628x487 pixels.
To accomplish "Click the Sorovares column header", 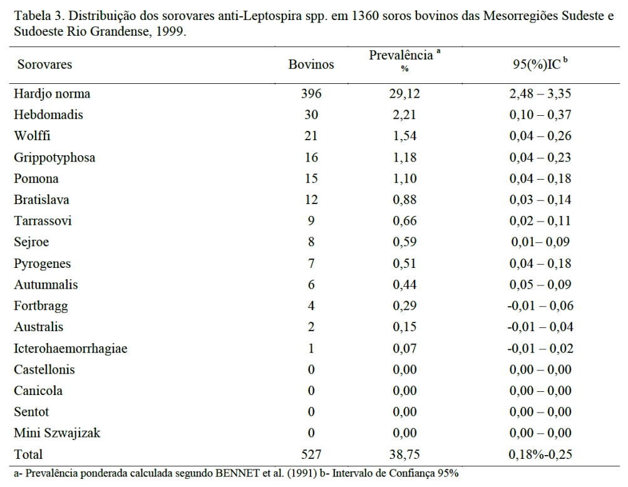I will click(44, 64).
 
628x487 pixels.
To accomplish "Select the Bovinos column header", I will click(311, 64).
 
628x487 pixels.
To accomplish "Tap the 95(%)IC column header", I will click(540, 64).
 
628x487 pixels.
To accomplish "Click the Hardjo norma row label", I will click(54, 94).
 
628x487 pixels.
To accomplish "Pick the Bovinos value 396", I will click(311, 94).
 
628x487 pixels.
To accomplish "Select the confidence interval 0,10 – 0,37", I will click(540, 115).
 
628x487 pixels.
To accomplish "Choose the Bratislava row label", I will click(43, 200).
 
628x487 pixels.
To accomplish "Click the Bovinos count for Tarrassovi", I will click(311, 221).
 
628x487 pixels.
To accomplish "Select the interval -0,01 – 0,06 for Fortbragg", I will click(539, 306).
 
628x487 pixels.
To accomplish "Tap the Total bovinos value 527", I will click(311, 454).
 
